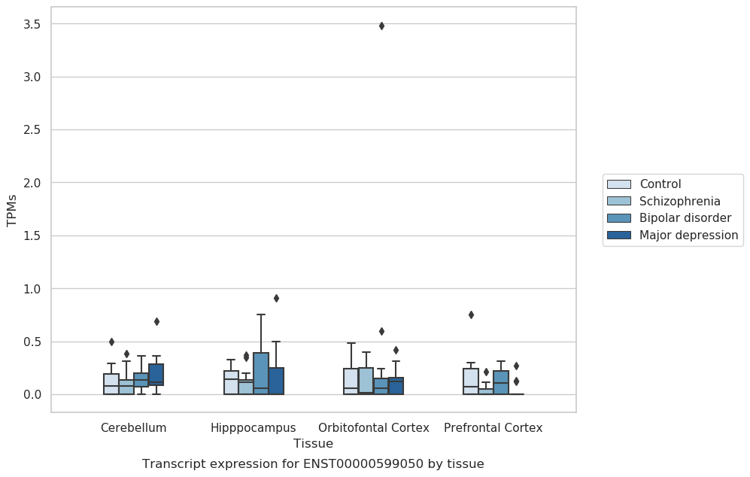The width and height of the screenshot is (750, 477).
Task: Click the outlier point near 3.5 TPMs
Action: coord(381,26)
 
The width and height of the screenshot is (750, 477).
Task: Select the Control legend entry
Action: coord(644,184)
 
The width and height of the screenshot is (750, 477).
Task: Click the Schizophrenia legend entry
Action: coord(663,201)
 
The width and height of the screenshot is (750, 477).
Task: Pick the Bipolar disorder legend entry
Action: coord(670,218)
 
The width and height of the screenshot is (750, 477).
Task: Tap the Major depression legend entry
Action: coord(673,235)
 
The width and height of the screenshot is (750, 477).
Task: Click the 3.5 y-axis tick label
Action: coord(32,24)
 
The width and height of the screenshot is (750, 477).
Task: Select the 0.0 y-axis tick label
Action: coord(32,395)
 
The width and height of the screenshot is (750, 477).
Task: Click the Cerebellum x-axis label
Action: coord(133,428)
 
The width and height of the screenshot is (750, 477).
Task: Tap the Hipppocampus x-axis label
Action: coord(254,428)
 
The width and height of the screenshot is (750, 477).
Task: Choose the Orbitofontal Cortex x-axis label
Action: coord(374,428)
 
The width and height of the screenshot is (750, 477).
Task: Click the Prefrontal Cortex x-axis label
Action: coord(493,428)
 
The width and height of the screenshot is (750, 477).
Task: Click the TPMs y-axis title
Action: coord(12,210)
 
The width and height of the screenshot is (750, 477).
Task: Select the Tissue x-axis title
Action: coord(313,443)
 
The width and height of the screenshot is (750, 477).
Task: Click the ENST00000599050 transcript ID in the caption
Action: coord(363,463)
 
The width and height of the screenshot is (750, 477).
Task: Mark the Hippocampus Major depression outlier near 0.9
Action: coord(277,298)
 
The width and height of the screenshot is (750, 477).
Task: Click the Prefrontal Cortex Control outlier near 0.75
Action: coord(471,314)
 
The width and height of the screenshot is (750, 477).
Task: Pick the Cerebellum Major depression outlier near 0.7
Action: coord(156,321)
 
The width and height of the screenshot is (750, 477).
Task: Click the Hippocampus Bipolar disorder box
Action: coord(261,373)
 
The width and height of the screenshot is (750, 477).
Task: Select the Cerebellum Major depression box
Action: coord(156,375)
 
